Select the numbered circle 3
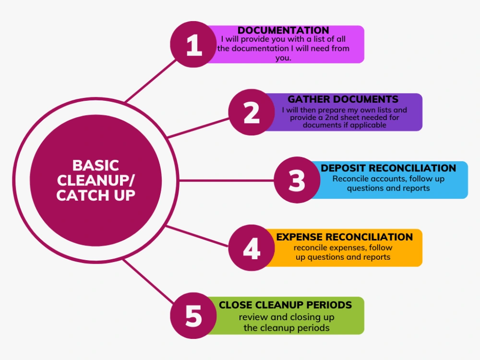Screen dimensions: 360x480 [x=297, y=180]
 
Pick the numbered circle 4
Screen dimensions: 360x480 [x=251, y=248]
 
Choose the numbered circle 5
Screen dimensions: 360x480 [x=193, y=316]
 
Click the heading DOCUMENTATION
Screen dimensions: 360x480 [x=283, y=31]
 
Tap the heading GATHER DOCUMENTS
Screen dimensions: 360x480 [x=343, y=99]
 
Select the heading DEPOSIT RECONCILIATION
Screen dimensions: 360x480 [x=388, y=168]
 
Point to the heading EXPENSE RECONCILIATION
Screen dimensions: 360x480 [x=344, y=237]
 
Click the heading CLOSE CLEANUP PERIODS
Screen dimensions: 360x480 [x=285, y=305]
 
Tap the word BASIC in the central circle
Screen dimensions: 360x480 [x=96, y=166]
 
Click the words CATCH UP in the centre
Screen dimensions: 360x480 [x=96, y=195]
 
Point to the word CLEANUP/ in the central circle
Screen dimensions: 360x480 [x=96, y=180]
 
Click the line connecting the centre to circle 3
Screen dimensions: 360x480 [x=226, y=180]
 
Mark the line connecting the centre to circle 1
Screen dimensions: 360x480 [x=149, y=82]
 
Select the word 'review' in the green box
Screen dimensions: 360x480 [x=253, y=317]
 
